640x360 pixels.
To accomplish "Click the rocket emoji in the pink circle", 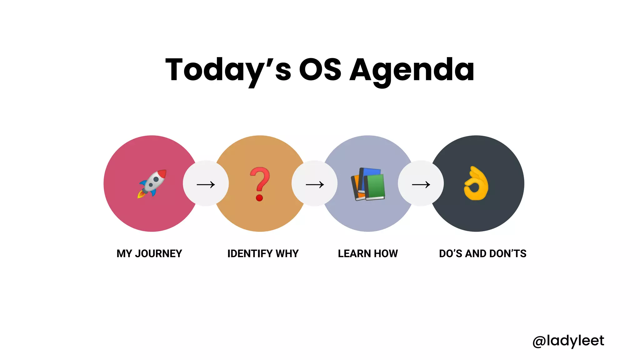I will pyautogui.click(x=152, y=183).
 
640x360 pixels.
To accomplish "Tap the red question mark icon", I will pyautogui.click(x=260, y=184).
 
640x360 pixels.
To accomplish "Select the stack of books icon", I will pyautogui.click(x=368, y=184).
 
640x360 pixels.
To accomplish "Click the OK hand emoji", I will pyautogui.click(x=476, y=183).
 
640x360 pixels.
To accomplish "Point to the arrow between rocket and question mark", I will pyautogui.click(x=206, y=185).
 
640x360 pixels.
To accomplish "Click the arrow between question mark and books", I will pyautogui.click(x=315, y=185).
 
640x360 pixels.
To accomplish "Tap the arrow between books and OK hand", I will pyautogui.click(x=421, y=185).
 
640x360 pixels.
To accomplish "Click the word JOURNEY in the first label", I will pyautogui.click(x=158, y=253).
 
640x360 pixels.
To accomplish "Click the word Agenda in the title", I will pyautogui.click(x=412, y=70).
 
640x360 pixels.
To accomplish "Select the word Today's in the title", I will pyautogui.click(x=228, y=70).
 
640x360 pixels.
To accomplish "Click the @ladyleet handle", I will pyautogui.click(x=568, y=341).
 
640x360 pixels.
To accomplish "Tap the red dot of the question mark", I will pyautogui.click(x=259, y=198).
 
